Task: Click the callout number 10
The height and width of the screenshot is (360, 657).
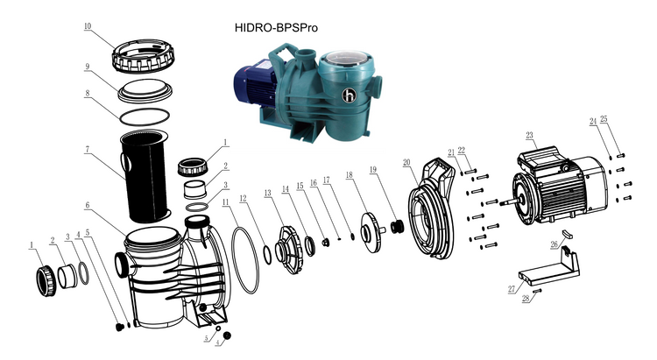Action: pyautogui.click(x=88, y=27)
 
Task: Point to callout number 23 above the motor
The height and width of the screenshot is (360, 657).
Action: pyautogui.click(x=529, y=135)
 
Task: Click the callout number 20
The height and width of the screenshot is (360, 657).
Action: pyautogui.click(x=407, y=162)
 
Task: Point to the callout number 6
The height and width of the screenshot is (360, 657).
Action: pyautogui.click(x=88, y=207)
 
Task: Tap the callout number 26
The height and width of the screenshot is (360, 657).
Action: pyautogui.click(x=553, y=244)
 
